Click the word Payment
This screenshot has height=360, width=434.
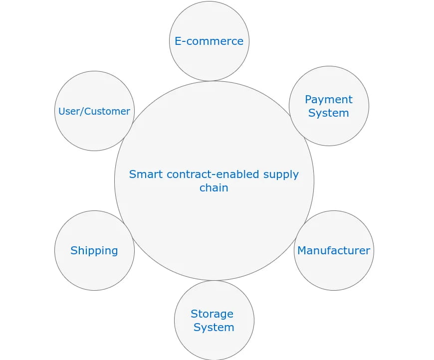click(329, 99)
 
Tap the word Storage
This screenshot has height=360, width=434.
click(212, 314)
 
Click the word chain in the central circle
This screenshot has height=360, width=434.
click(214, 187)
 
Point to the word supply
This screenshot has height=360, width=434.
click(281, 174)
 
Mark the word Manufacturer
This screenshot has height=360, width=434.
click(334, 250)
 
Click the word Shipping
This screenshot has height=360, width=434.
click(94, 250)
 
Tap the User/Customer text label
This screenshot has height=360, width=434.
click(94, 111)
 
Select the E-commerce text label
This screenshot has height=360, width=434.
click(209, 41)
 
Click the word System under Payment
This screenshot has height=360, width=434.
click(329, 113)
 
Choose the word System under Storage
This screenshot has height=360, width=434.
click(214, 327)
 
